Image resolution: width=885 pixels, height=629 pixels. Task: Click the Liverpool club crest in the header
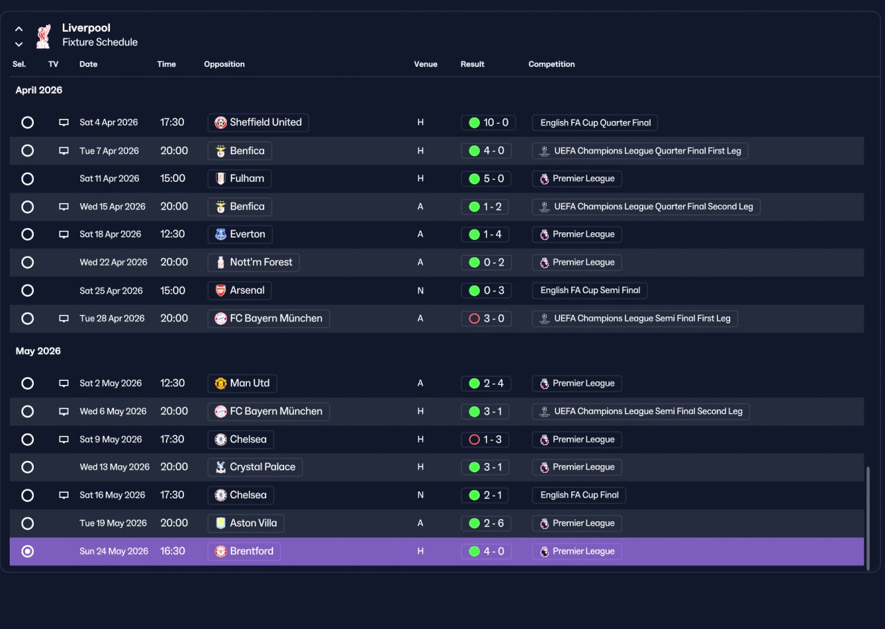43,37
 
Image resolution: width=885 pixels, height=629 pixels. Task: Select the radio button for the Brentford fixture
27,551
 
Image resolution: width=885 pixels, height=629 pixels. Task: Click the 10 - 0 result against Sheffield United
488,122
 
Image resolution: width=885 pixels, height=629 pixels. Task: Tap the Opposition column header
224,64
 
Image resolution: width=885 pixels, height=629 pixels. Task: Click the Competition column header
552,64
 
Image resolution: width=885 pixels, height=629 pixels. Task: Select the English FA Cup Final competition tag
579,495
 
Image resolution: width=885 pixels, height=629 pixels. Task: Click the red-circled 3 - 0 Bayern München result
486,319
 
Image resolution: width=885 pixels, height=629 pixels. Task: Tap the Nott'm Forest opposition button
253,263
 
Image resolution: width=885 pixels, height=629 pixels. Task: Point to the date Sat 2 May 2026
111,383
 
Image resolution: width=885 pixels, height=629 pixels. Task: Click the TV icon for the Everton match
64,234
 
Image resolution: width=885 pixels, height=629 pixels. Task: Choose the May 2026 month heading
38,351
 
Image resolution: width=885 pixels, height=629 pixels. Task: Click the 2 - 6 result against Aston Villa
486,523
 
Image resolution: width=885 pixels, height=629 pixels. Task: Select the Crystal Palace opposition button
255,467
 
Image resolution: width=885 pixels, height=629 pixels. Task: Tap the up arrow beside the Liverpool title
19,29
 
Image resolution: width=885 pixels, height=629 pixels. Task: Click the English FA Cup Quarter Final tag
595,122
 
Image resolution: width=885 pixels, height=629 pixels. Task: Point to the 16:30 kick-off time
172,551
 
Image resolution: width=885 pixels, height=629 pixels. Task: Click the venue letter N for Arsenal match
420,291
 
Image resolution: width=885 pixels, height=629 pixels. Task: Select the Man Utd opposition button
242,383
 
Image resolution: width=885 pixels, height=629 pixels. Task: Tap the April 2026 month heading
39,90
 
